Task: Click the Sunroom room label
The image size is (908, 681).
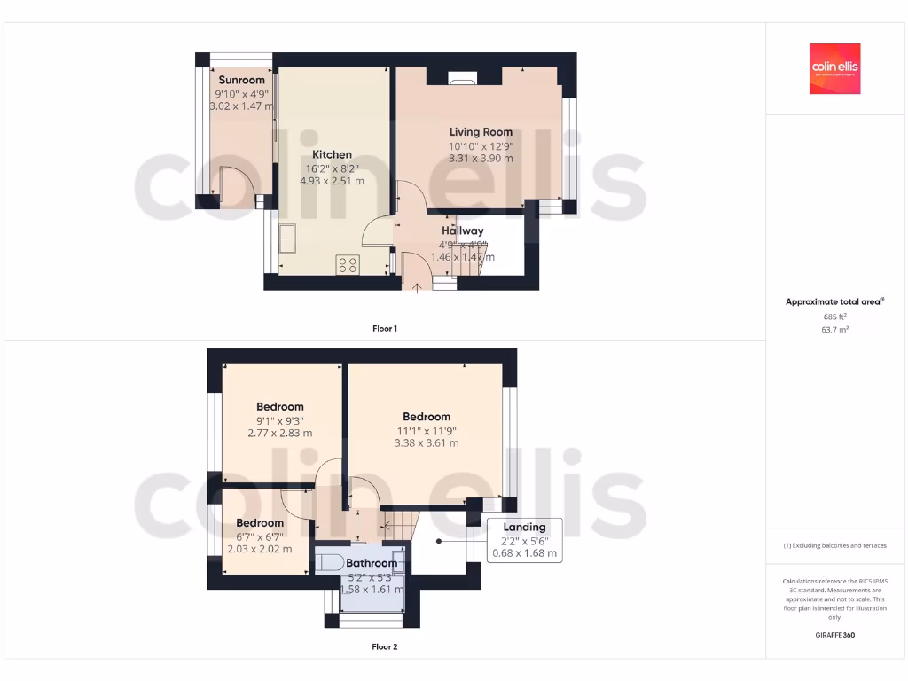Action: pos(241,80)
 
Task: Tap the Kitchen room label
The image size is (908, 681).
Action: pos(332,154)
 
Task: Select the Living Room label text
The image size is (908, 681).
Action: pos(481,132)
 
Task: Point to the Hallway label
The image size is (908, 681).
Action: pos(463,231)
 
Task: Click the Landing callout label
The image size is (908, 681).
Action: pos(524,528)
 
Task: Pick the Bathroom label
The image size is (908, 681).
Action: pos(372,563)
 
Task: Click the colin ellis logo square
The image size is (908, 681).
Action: pos(834,69)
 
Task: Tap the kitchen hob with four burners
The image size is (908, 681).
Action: pos(347,264)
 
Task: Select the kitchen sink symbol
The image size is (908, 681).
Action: pos(288,238)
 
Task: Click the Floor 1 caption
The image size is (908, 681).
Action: pos(385,329)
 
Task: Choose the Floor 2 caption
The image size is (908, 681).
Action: pos(385,647)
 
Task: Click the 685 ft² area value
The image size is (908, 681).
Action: pos(834,317)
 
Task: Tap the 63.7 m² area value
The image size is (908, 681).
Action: pos(834,330)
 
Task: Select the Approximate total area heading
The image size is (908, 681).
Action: pos(834,302)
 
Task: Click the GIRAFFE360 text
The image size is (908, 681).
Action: pos(834,635)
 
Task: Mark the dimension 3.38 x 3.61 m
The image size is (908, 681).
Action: pos(427,443)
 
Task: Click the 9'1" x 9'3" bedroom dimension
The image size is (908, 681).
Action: pos(280,420)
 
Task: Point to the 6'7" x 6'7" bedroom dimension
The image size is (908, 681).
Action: pos(260,536)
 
